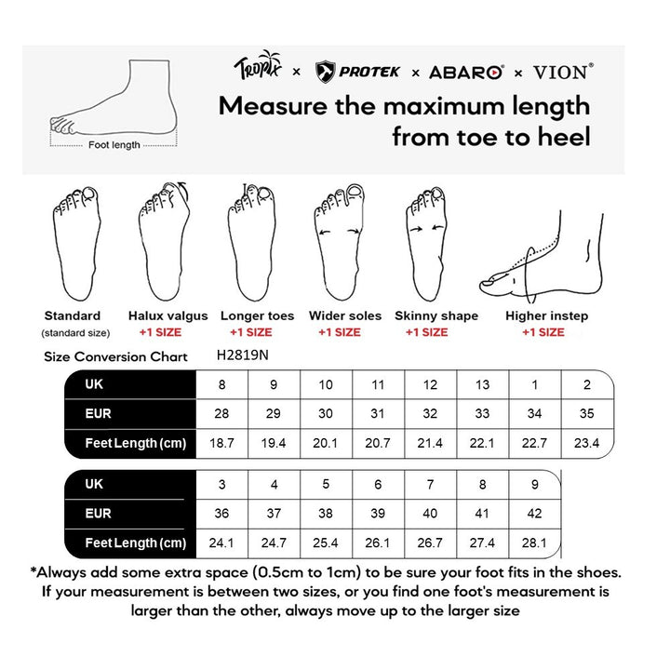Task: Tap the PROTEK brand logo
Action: [358, 71]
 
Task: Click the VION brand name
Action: [561, 71]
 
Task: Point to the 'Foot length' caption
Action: [114, 145]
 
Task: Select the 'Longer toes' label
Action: [257, 316]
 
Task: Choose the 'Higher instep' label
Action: [546, 316]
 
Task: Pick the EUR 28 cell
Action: [221, 414]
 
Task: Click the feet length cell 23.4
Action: [586, 444]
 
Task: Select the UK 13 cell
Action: [482, 384]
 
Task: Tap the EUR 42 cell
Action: [534, 514]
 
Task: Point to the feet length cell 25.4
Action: [326, 543]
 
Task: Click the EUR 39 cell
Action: [378, 514]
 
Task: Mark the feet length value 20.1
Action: [326, 444]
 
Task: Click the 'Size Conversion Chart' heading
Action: [116, 356]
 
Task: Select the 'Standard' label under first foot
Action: [73, 316]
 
